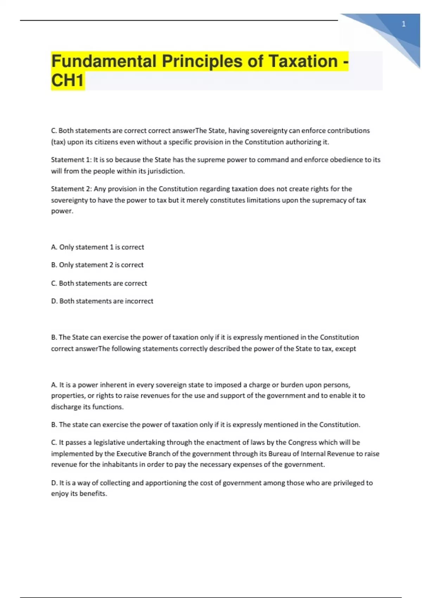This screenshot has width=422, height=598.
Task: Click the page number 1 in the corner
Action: coord(404,24)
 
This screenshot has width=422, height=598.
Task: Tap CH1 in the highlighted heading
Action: coord(68,81)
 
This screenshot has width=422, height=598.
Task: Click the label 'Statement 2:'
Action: coord(71,189)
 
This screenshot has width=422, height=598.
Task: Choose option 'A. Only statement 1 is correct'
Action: coord(97,247)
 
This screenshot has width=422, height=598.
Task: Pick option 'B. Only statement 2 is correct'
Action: coord(97,265)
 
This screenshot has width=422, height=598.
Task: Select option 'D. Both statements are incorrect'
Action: coord(102,301)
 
